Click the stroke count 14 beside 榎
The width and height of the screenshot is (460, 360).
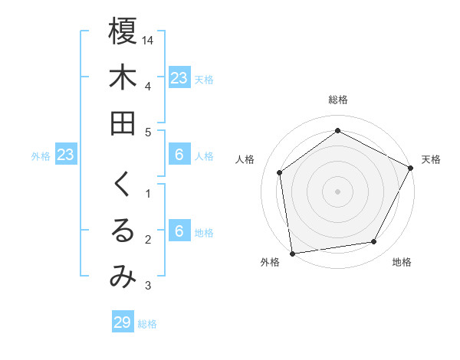pyautogui.click(x=148, y=39)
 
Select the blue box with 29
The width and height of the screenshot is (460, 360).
pyautogui.click(x=122, y=322)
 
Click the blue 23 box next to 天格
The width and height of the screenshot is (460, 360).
pyautogui.click(x=179, y=77)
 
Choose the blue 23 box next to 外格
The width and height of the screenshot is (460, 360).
pyautogui.click(x=66, y=155)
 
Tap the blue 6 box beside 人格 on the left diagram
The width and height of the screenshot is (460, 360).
pyautogui.click(x=179, y=155)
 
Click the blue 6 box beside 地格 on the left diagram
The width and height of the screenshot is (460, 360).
pyautogui.click(x=179, y=231)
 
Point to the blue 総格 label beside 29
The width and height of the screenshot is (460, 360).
pyautogui.click(x=147, y=324)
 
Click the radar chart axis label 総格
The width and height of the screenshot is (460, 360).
pyautogui.click(x=337, y=100)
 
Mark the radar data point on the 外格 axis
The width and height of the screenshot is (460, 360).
pyautogui.click(x=292, y=253)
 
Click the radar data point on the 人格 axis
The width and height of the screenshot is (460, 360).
pyautogui.click(x=280, y=172)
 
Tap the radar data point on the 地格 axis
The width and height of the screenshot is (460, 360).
pyautogui.click(x=374, y=241)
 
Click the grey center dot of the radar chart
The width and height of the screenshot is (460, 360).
pyautogui.click(x=337, y=191)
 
